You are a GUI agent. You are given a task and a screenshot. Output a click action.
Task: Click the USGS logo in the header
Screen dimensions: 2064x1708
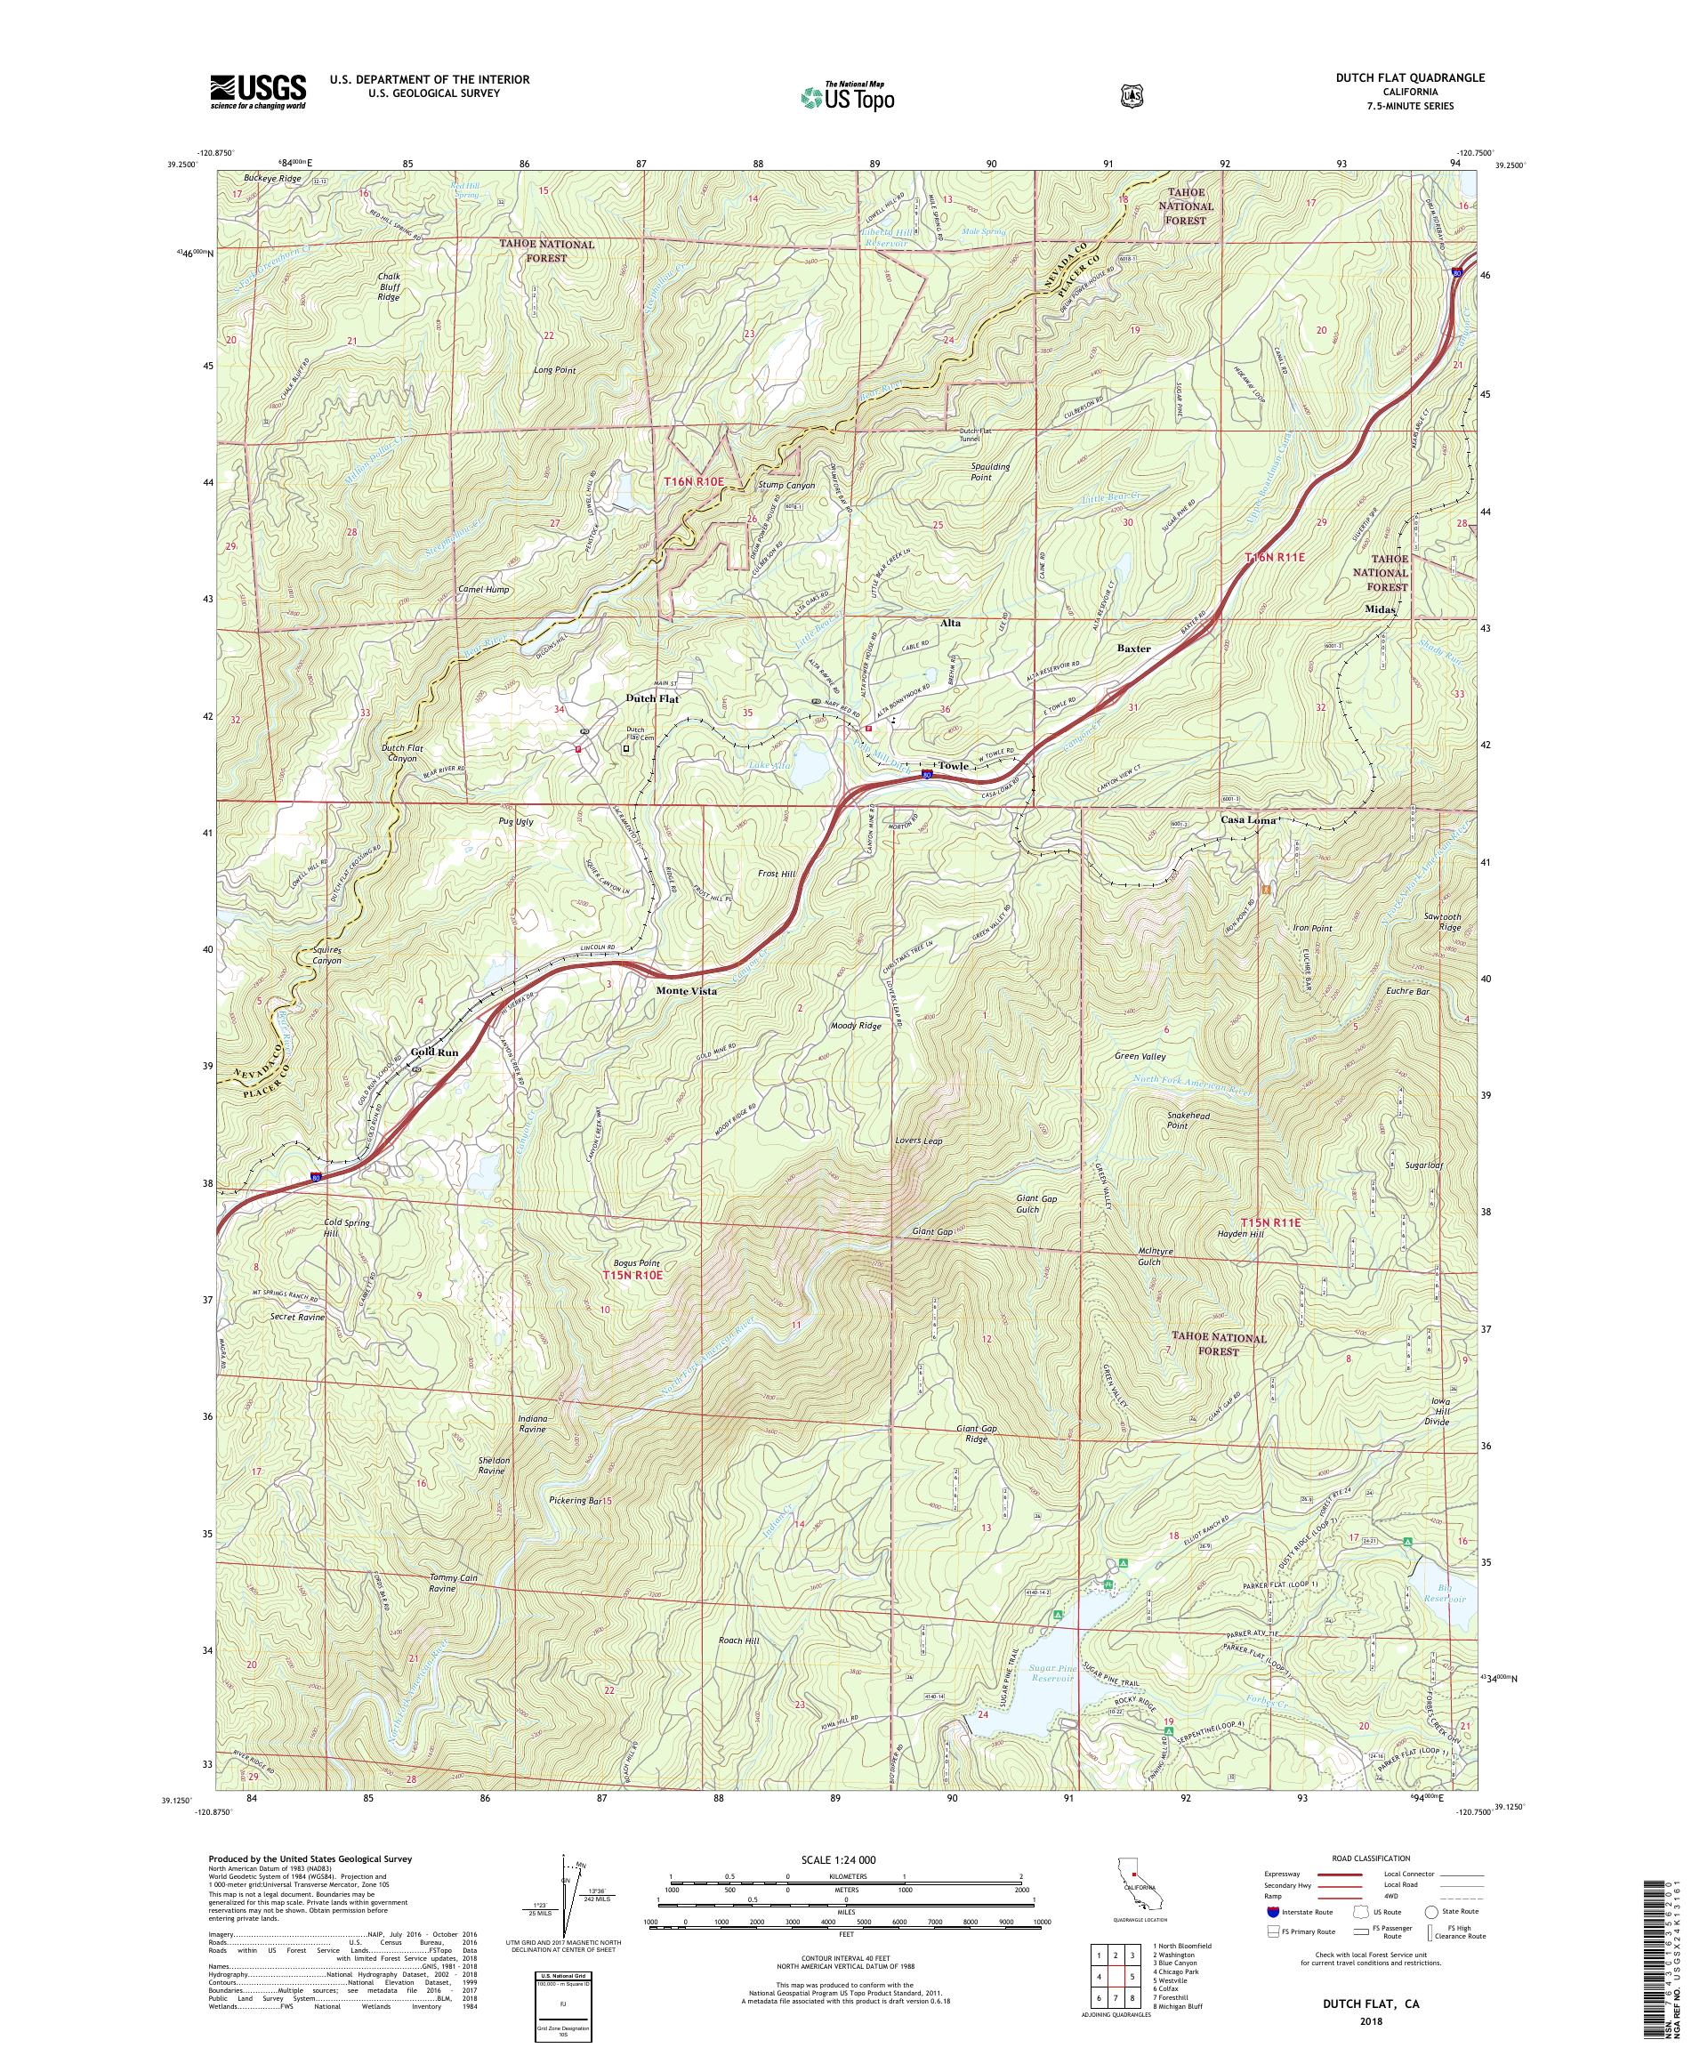(x=256, y=93)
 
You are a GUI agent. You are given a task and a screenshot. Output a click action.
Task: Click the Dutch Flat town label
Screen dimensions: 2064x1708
(x=651, y=698)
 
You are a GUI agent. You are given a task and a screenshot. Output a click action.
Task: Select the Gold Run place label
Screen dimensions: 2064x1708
(x=433, y=1052)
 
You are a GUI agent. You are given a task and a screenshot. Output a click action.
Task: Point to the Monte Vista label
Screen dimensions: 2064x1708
(x=686, y=992)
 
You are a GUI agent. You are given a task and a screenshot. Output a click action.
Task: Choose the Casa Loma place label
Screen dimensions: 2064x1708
(x=1247, y=819)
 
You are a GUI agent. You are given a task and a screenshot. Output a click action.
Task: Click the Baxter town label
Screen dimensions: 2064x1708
(x=1133, y=649)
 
